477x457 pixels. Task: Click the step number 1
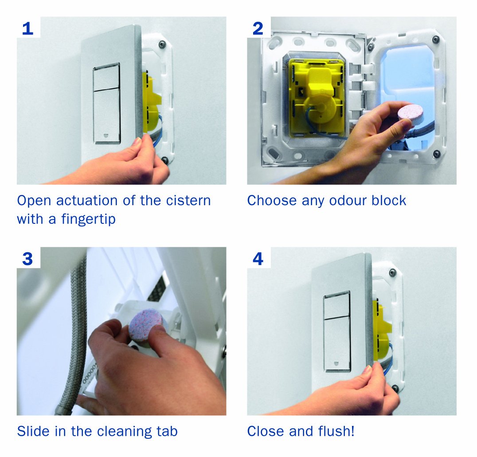point(27,28)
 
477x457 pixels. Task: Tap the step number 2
point(258,28)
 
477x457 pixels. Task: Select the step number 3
point(27,259)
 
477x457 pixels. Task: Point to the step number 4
point(258,259)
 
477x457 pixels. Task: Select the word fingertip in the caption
point(88,219)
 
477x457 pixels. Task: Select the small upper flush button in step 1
point(106,77)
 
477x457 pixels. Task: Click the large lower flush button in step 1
point(107,116)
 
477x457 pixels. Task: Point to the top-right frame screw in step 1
point(162,44)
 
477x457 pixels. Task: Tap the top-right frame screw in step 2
point(436,39)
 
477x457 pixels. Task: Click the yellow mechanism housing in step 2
point(317,98)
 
